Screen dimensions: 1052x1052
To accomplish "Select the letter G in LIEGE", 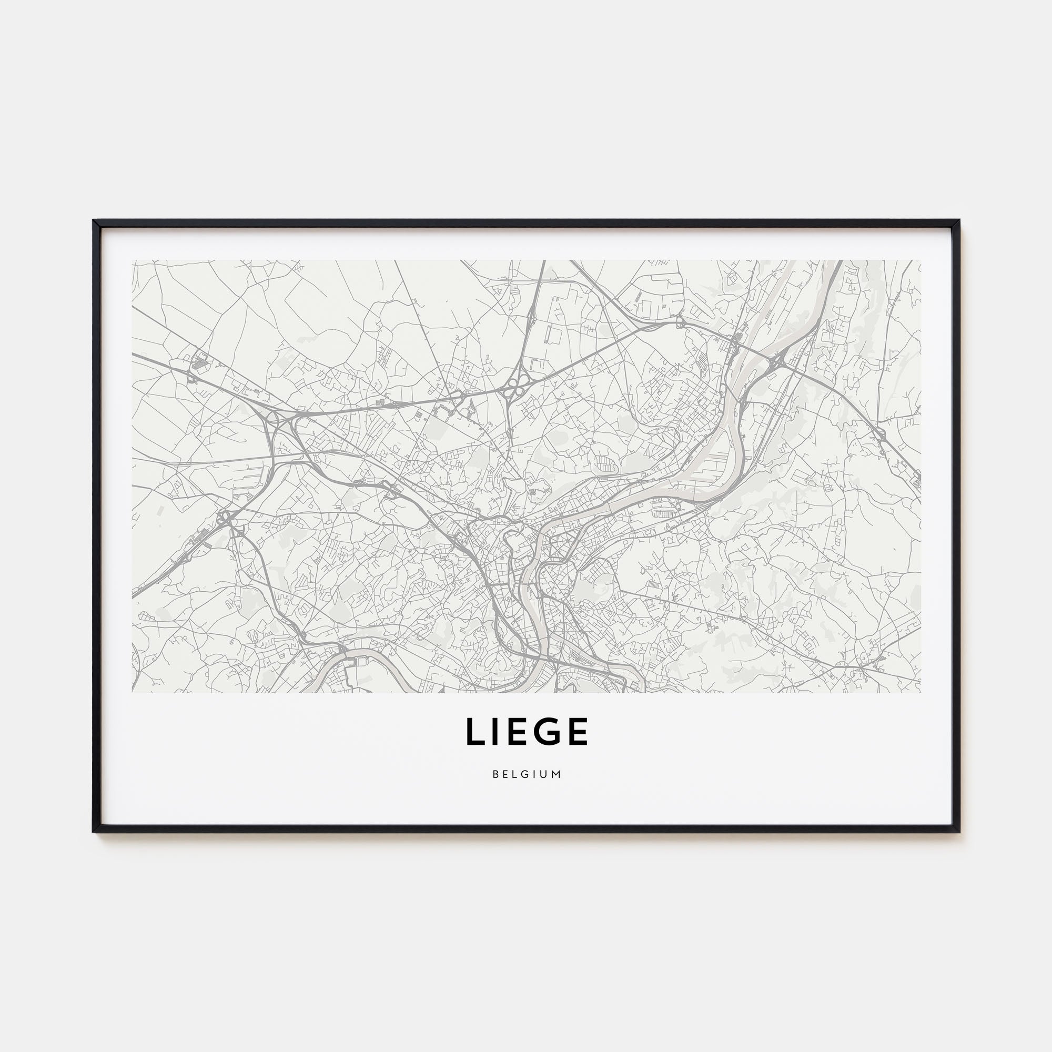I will tap(548, 732).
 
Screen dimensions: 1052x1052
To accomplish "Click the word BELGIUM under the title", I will tap(527, 774).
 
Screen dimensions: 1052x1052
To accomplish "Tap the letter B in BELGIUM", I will tap(495, 774).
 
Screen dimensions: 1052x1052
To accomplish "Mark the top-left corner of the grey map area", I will tap(133, 261).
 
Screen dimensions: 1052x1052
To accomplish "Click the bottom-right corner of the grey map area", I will tap(920, 692).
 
